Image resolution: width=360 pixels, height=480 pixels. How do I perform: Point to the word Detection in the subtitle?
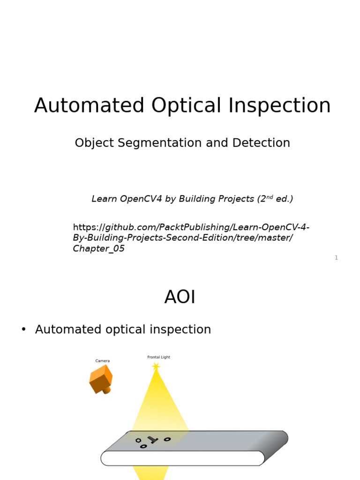click(x=263, y=143)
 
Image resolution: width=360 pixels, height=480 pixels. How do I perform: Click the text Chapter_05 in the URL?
click(x=98, y=249)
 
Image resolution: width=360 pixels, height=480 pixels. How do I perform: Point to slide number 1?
click(x=336, y=258)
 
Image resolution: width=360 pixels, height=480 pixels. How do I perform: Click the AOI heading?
click(x=180, y=297)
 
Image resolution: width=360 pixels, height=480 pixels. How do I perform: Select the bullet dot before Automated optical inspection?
click(x=23, y=330)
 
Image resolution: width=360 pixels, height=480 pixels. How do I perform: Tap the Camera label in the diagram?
click(x=103, y=361)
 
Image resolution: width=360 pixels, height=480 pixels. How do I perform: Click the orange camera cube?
click(x=101, y=379)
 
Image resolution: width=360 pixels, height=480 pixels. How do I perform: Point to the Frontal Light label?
click(x=159, y=357)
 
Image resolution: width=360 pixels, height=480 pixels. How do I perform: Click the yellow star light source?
click(x=156, y=366)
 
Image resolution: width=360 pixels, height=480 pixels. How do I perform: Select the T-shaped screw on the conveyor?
click(x=152, y=440)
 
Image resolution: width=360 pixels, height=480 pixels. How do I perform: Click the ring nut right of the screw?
click(x=167, y=439)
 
